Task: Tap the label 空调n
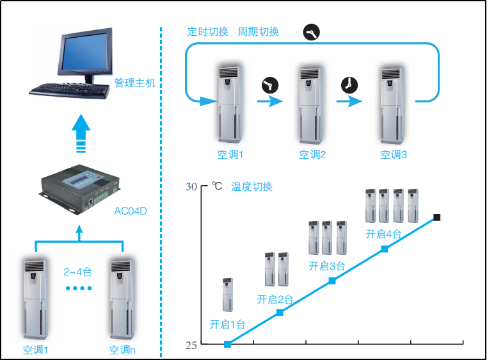pyautogui.click(x=122, y=350)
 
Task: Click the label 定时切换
pyautogui.click(x=208, y=31)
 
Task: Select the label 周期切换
pyautogui.click(x=259, y=31)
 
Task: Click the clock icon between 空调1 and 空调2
pyautogui.click(x=269, y=85)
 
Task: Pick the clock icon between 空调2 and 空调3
pyautogui.click(x=349, y=85)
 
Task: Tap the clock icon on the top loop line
pyautogui.click(x=311, y=32)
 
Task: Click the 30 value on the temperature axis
pyautogui.click(x=191, y=187)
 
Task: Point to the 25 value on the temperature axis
pyautogui.click(x=191, y=345)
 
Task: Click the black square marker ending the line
pyautogui.click(x=437, y=218)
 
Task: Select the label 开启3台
pyautogui.click(x=327, y=266)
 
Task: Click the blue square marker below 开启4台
pyautogui.click(x=385, y=249)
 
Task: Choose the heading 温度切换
pyautogui.click(x=251, y=187)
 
